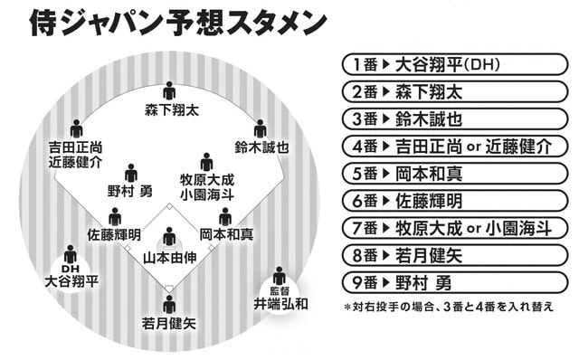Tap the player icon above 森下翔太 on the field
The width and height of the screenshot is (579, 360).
[169, 91]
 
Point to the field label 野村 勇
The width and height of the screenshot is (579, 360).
[131, 192]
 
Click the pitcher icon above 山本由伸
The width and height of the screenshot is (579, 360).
[169, 239]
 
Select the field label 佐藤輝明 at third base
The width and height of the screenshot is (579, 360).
[114, 234]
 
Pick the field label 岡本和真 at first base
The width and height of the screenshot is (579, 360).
[225, 234]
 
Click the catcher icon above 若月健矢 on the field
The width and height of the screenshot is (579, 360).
[169, 303]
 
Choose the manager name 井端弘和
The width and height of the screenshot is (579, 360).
[279, 304]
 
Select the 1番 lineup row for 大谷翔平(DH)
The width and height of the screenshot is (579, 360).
[448, 65]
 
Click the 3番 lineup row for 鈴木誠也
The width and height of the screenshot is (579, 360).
[448, 119]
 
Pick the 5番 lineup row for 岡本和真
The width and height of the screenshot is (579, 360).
[448, 174]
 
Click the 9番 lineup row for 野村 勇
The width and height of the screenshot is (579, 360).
[448, 282]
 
